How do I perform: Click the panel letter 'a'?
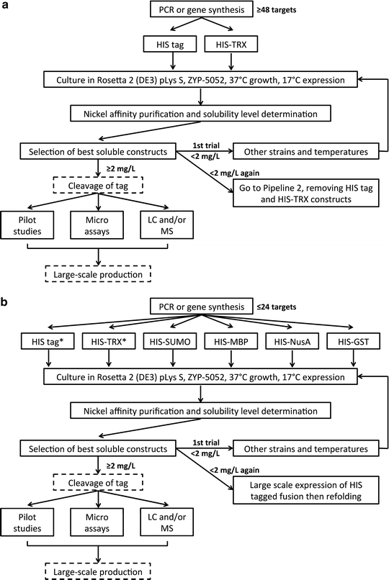[x=6, y=6]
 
